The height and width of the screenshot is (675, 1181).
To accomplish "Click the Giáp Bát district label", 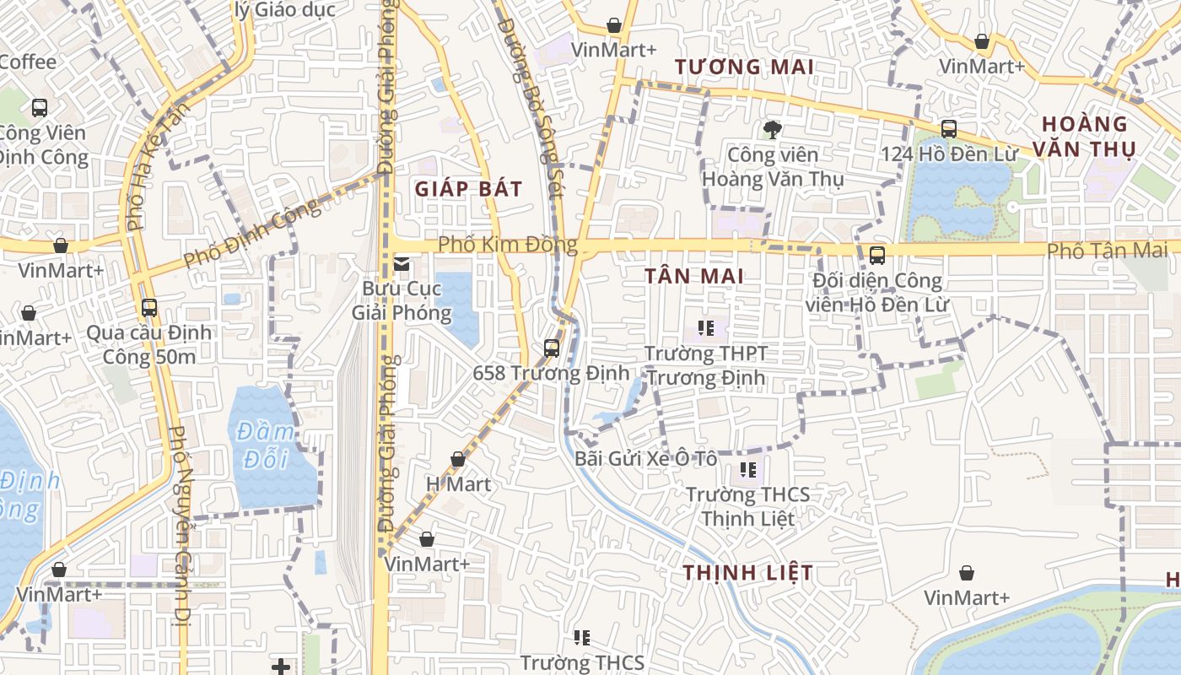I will point(468,189).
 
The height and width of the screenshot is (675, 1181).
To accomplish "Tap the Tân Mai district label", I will point(694,276).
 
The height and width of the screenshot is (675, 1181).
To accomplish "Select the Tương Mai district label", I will point(744,67).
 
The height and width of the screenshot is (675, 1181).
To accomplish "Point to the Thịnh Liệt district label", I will point(748,573).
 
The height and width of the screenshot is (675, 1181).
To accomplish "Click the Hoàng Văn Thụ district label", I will point(1088,137).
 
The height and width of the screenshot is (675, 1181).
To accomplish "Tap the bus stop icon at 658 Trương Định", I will point(552,348).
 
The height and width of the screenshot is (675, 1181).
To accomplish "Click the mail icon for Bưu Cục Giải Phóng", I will point(402,265).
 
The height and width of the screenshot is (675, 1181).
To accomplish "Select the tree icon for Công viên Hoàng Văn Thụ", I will point(771,129).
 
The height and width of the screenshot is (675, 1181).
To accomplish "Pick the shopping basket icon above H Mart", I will point(458,460).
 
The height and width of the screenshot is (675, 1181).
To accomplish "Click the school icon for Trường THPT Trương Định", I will point(705,327).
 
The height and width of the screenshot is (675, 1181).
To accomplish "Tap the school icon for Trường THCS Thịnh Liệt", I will point(747,469).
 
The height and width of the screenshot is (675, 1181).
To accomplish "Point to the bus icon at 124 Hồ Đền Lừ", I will point(949,129).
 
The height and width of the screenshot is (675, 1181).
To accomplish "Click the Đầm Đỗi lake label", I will point(266,445).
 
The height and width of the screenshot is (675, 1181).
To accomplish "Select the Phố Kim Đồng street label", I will point(507,246).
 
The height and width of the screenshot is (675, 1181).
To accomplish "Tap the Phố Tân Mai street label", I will point(1107,251).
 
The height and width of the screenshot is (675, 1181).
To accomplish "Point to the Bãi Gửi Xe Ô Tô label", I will point(645,459).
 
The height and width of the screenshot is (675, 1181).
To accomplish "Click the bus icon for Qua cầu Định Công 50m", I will point(149,308).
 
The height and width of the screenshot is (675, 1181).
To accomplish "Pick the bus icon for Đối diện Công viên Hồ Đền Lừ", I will point(877,255).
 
